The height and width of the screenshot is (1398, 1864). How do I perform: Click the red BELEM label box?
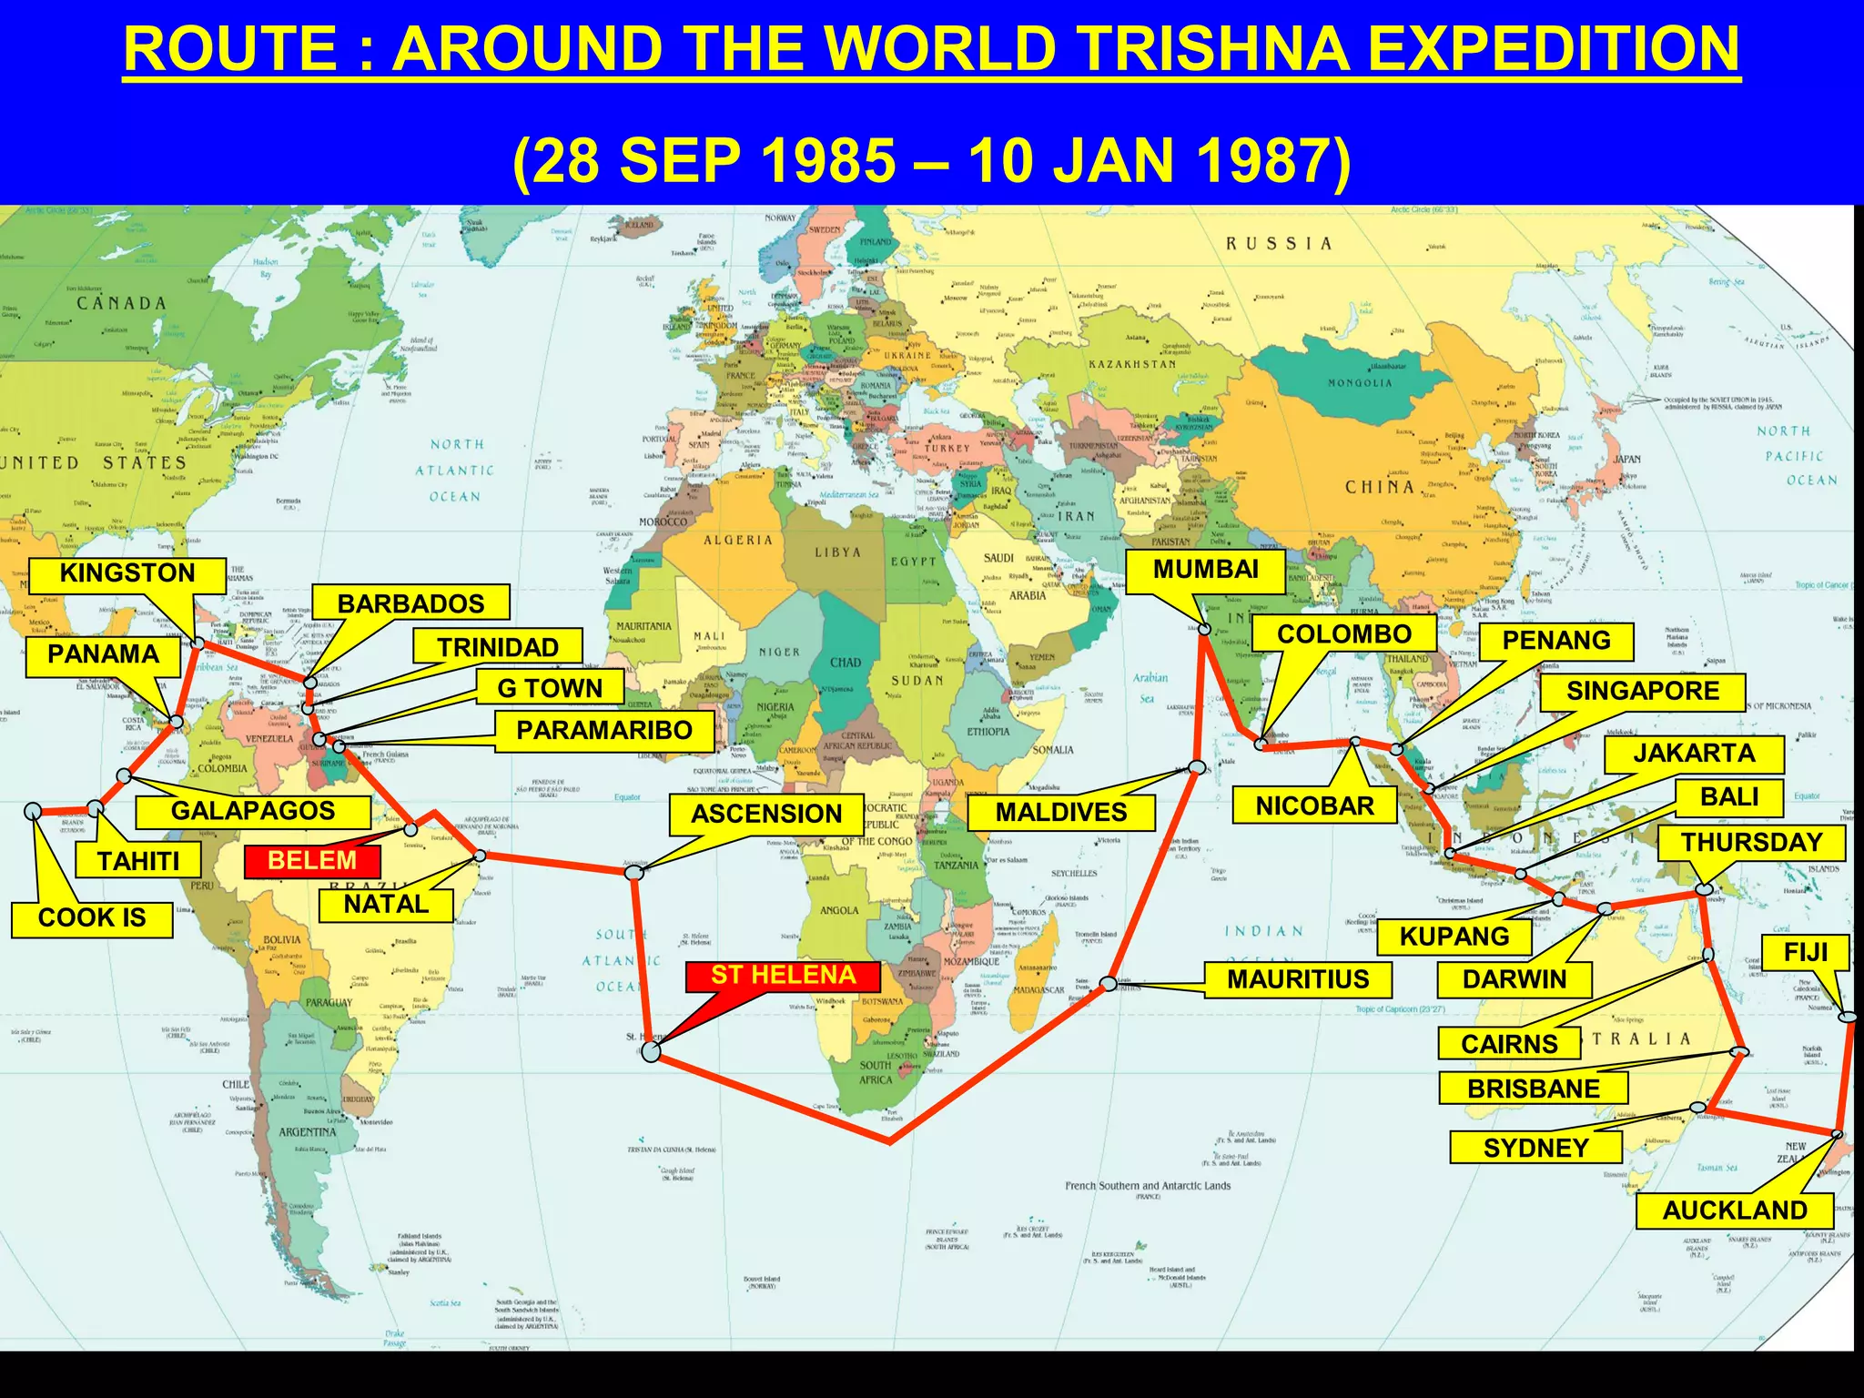312,861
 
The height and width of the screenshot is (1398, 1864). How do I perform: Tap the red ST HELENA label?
783,976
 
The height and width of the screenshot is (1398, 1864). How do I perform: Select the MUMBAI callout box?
1205,571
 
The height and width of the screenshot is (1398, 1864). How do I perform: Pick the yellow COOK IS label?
92,917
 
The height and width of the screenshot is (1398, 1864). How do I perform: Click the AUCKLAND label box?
1734,1211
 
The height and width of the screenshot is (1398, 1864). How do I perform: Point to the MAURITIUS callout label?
1298,979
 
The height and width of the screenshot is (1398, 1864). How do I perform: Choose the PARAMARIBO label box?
604,731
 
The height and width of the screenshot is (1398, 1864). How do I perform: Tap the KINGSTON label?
127,573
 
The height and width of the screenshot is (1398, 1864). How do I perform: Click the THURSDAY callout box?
1751,843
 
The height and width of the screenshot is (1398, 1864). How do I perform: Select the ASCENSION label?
766,814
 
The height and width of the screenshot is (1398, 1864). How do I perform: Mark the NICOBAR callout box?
1314,806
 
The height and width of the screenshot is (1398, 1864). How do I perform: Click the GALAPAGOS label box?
253,811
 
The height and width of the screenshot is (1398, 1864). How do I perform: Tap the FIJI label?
1806,953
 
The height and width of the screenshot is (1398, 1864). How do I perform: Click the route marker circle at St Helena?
651,1052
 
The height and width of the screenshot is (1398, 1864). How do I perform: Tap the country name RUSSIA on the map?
1279,244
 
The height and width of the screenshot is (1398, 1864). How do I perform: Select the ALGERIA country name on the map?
737,541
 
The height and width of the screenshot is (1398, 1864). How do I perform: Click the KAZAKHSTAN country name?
1132,364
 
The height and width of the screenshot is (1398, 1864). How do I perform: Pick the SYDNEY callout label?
1535,1149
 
